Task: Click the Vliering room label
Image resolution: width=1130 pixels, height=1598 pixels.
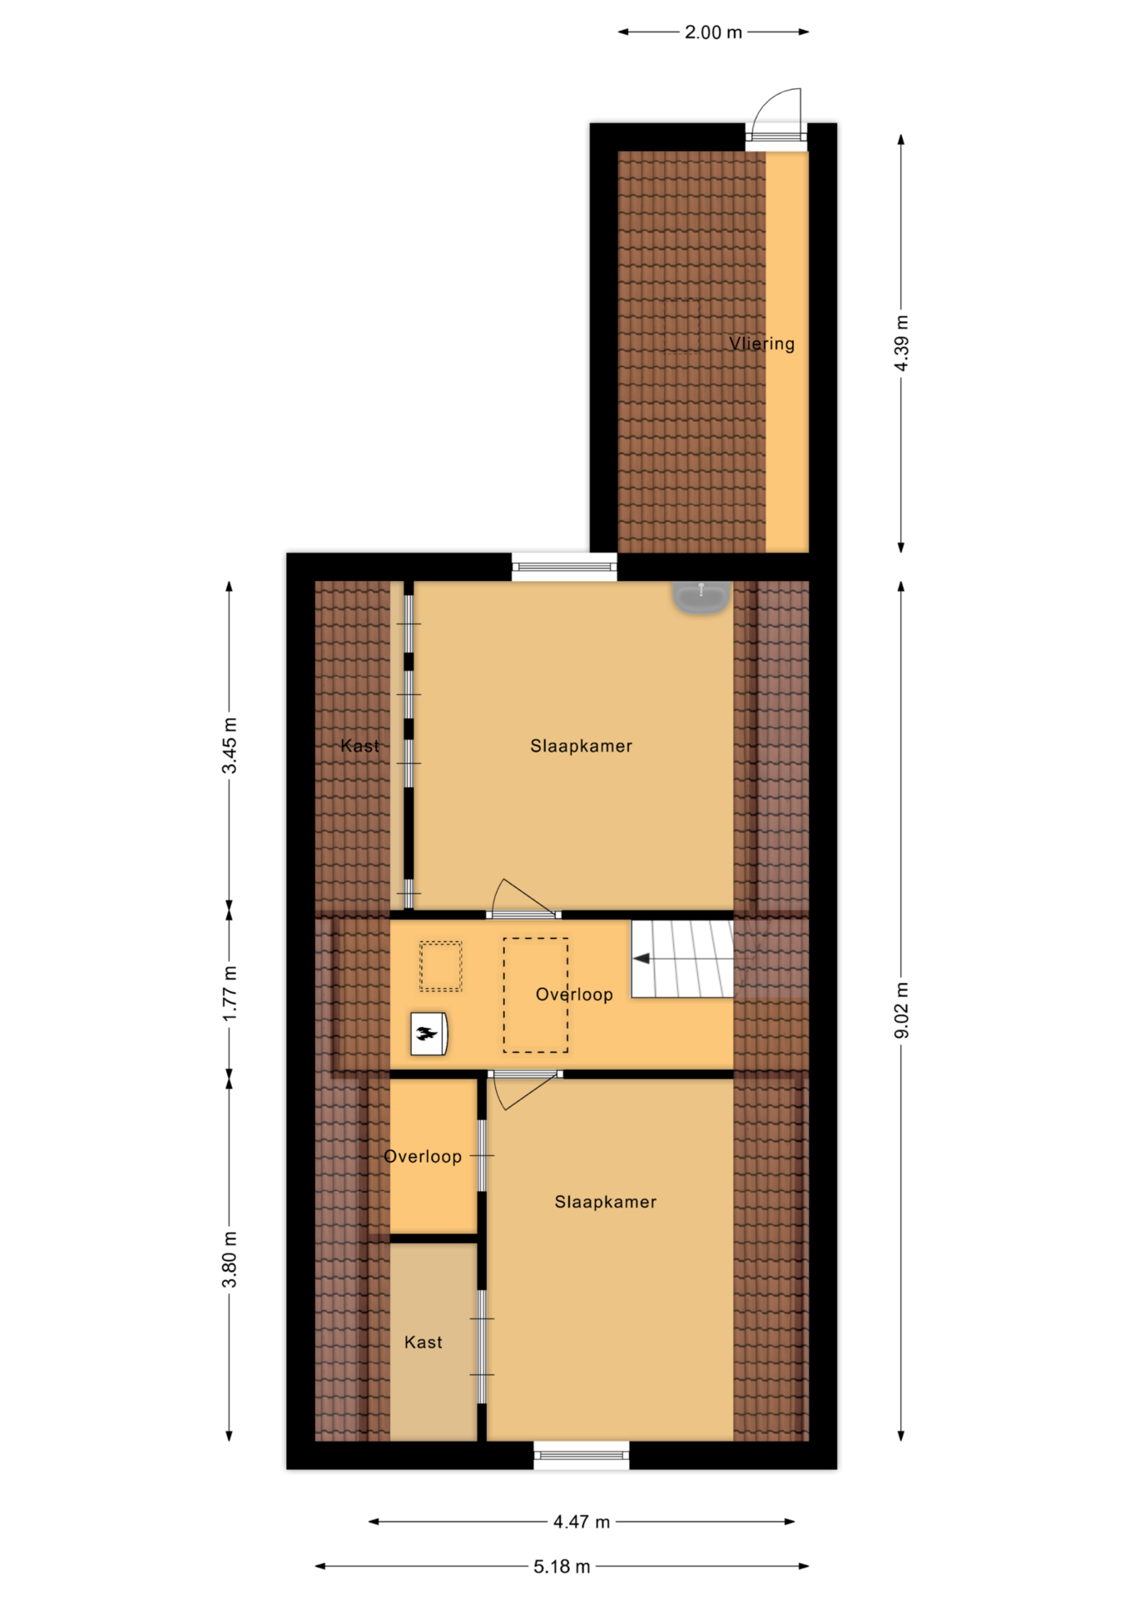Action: pos(761,344)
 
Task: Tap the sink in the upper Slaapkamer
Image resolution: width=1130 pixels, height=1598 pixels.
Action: pos(701,597)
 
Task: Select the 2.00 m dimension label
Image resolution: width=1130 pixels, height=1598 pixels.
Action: pos(713,32)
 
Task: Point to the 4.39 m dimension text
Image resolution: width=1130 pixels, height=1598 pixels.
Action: pos(901,344)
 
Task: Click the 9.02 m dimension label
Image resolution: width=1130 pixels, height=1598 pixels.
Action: pos(901,1010)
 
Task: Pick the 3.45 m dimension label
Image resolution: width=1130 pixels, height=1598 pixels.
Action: pos(230,745)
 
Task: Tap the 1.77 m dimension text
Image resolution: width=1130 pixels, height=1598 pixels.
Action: pos(230,994)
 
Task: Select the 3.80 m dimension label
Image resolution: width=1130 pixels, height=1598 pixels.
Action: pos(230,1258)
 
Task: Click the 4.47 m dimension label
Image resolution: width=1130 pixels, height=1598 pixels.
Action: pos(582,1522)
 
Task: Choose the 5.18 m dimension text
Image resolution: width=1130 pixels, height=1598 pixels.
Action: pos(562,1567)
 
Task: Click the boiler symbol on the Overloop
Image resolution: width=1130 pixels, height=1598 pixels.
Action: pos(429,1034)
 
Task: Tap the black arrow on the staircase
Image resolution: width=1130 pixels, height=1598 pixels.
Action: pos(642,959)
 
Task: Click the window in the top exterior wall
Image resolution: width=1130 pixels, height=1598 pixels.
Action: pos(564,568)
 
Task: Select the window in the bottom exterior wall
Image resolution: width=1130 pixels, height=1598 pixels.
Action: pos(582,1455)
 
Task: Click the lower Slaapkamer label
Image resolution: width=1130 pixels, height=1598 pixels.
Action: pos(606,1202)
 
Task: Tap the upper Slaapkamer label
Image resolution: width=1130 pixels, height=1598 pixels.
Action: pos(582,746)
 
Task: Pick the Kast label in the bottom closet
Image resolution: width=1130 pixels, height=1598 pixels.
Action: pos(424,1342)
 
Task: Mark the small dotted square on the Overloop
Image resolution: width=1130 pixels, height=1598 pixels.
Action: pos(440,966)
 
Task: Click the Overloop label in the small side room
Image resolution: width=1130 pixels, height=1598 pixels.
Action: pos(423,1157)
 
